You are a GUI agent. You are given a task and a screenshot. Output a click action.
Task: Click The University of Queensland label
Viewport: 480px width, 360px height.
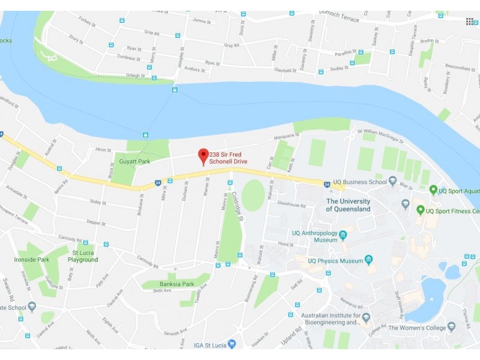pyautogui.click(x=348, y=205)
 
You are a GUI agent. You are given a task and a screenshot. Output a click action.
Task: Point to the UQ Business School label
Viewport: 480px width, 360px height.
pyautogui.click(x=360, y=182)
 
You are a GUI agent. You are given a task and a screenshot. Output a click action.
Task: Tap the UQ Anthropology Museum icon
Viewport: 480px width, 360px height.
pyautogui.click(x=343, y=235)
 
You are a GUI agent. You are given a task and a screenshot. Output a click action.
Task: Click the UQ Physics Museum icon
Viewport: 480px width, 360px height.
pyautogui.click(x=368, y=260)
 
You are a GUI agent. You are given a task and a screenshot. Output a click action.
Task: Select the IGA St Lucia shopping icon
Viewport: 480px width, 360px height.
pyautogui.click(x=232, y=344)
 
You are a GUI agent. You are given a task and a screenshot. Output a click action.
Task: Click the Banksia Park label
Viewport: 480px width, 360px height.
pyautogui.click(x=176, y=284)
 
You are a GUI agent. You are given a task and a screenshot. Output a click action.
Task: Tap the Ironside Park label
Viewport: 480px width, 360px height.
pyautogui.click(x=31, y=260)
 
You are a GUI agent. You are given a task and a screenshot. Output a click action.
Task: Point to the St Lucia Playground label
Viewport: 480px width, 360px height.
pyautogui.click(x=83, y=256)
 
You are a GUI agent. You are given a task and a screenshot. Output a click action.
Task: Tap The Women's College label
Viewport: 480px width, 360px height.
pyautogui.click(x=417, y=328)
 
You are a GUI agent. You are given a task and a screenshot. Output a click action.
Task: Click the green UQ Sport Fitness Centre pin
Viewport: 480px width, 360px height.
pyautogui.click(x=421, y=210)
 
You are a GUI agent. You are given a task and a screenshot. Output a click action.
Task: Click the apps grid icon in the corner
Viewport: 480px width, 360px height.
pyautogui.click(x=470, y=22)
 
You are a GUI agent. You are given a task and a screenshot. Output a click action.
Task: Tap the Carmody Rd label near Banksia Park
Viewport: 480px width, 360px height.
pyautogui.click(x=147, y=261)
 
